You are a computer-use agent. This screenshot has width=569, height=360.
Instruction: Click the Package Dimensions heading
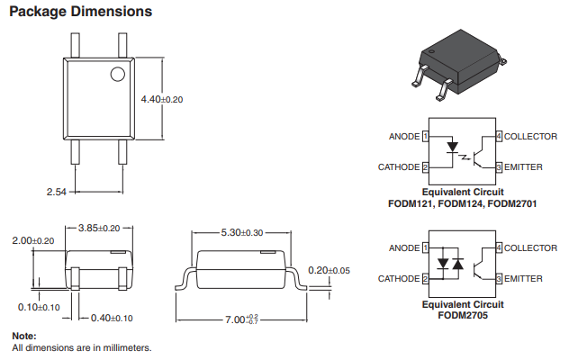(80, 12)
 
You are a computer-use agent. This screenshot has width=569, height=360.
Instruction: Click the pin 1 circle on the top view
(118, 74)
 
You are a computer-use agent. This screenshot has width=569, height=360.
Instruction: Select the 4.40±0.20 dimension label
(162, 99)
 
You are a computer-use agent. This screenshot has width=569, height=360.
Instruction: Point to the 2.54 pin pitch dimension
(56, 192)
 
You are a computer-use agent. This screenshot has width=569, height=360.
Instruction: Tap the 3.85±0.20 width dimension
(99, 228)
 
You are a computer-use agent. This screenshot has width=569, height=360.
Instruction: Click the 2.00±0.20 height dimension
(33, 240)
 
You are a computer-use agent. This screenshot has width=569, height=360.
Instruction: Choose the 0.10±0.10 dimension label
(39, 308)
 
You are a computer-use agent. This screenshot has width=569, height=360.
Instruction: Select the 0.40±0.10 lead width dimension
(112, 319)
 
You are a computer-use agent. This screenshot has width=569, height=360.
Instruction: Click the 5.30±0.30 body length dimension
(242, 232)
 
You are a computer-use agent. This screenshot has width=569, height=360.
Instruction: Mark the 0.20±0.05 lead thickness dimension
(330, 270)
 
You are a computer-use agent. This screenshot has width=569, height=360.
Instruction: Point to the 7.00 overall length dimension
(241, 319)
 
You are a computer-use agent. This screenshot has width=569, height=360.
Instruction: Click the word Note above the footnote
(24, 336)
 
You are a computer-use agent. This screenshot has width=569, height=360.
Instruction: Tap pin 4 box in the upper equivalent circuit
(499, 137)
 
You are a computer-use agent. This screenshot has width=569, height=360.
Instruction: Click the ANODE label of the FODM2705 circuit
(404, 248)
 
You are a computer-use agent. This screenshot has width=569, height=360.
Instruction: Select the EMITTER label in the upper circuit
(523, 167)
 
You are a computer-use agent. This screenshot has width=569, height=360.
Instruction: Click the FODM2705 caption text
(463, 315)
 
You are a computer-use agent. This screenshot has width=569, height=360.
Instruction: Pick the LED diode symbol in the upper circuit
(452, 148)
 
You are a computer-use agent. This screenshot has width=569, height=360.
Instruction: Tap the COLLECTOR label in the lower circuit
(530, 248)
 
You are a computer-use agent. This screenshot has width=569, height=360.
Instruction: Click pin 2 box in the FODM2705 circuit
(425, 279)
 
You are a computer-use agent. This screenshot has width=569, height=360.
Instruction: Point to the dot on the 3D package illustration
(431, 52)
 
